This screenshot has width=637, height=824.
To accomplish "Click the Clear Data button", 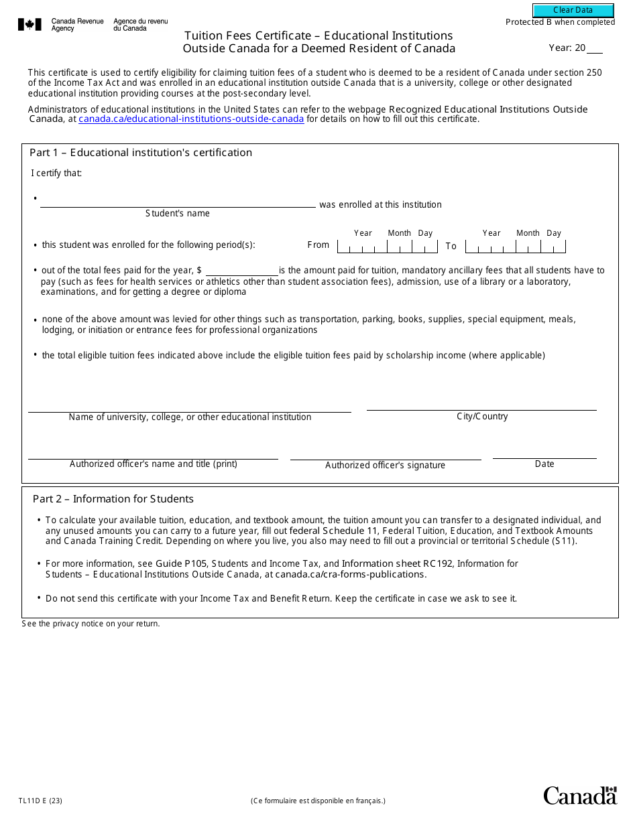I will coord(573,10).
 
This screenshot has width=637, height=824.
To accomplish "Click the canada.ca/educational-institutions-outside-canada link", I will coord(191,119).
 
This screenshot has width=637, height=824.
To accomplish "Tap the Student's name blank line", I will coord(178,203).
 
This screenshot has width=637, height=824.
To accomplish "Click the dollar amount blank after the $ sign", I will coord(241,271).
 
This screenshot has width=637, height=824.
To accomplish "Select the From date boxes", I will coord(387,247).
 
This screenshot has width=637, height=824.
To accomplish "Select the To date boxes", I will coord(516,247).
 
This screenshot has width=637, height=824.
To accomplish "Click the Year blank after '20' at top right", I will coord(595,48).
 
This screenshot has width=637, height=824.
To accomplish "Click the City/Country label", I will coord(482,417).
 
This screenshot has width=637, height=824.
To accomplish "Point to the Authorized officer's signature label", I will coord(385,466).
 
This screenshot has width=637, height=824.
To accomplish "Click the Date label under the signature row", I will coord(544,464).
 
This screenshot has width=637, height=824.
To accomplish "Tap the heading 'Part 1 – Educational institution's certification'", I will coord(141,153).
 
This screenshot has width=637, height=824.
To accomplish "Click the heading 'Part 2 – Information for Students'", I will coord(113,499).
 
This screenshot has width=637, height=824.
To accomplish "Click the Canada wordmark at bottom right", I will coord(579,796).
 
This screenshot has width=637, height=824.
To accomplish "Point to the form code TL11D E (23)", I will coord(41,801).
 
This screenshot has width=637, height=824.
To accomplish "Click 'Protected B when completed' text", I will coord(560,22).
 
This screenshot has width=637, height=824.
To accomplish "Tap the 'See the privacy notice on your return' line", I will coord(91,624).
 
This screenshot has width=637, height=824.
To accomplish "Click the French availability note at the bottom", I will coord(318,801).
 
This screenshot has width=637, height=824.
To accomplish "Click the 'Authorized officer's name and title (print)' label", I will coord(154,464).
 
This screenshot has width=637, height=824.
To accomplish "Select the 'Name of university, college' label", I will coord(190,417).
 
